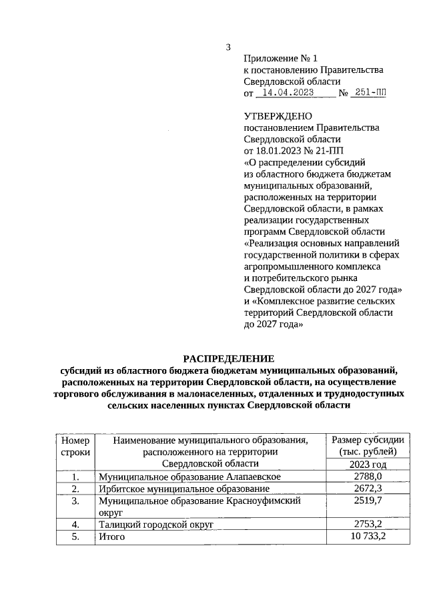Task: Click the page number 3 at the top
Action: [x=229, y=47]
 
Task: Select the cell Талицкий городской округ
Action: [x=155, y=524]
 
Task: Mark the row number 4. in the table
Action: [x=75, y=524]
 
